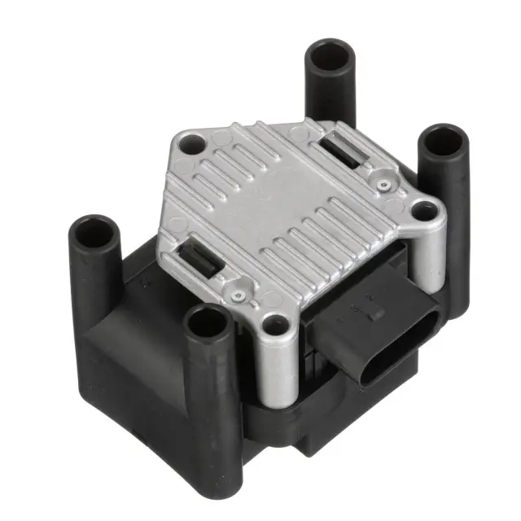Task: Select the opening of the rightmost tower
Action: click(x=445, y=141)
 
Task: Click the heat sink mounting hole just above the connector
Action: click(x=421, y=211)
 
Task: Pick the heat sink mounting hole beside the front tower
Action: click(x=274, y=325)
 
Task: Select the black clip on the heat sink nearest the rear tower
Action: click(x=346, y=151)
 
